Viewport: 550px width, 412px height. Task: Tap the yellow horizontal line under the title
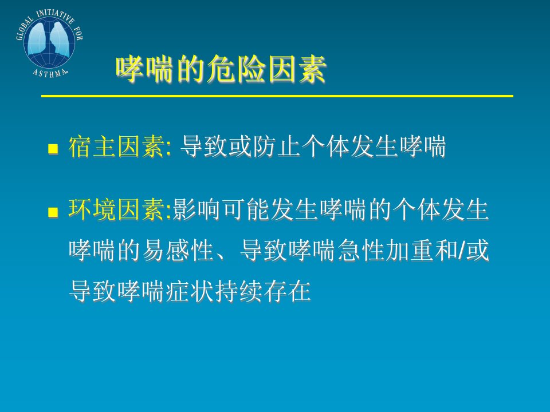[x=277, y=96]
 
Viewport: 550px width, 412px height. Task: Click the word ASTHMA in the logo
[x=50, y=73]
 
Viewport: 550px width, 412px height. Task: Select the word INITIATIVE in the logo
[x=56, y=15]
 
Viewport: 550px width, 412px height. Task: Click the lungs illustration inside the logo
[x=49, y=38]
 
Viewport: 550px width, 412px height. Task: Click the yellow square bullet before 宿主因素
[x=53, y=149]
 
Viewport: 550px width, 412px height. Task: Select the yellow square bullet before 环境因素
[x=53, y=212]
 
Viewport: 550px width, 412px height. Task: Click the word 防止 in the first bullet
[x=265, y=146]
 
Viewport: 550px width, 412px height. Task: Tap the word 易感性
[x=178, y=250]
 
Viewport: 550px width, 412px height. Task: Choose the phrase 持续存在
[x=263, y=291]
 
